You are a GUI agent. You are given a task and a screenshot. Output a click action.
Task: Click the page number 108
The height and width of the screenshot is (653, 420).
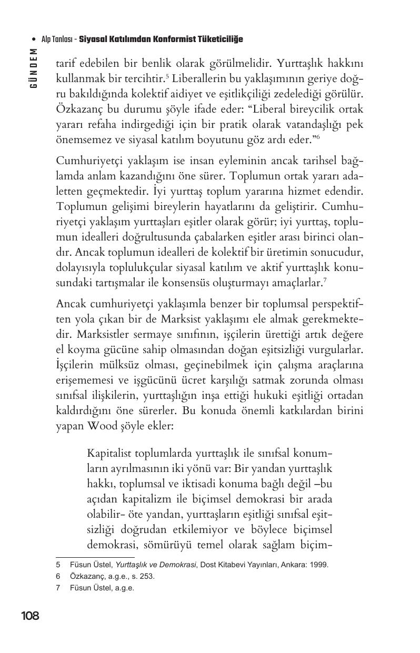(x=30, y=616)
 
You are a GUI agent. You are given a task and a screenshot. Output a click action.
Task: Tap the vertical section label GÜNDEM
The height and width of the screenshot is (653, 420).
(x=34, y=68)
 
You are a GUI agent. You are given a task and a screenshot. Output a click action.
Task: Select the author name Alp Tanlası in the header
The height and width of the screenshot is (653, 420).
(x=57, y=39)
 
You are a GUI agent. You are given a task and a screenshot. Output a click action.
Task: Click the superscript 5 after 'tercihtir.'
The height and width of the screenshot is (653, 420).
(x=167, y=77)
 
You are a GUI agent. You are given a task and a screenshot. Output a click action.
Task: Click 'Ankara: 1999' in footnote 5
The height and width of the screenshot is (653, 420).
(x=306, y=565)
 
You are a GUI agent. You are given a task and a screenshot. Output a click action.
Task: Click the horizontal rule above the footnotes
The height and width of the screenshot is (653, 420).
(x=95, y=557)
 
